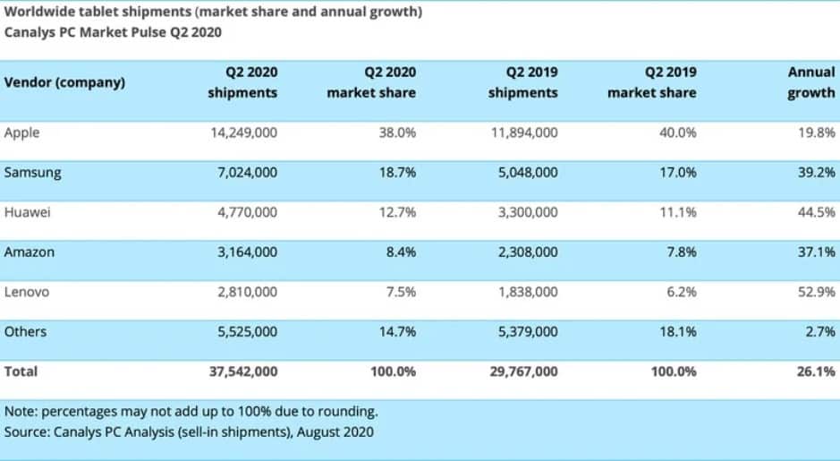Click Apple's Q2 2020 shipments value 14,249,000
(x=242, y=132)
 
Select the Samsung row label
(x=33, y=173)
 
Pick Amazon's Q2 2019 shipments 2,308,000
(x=522, y=252)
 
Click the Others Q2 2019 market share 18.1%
(x=676, y=331)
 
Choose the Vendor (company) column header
(x=64, y=82)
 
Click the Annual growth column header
(x=810, y=82)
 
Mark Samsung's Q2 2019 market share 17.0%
(x=676, y=173)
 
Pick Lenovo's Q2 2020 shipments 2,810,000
(x=243, y=292)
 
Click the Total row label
(x=21, y=371)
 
